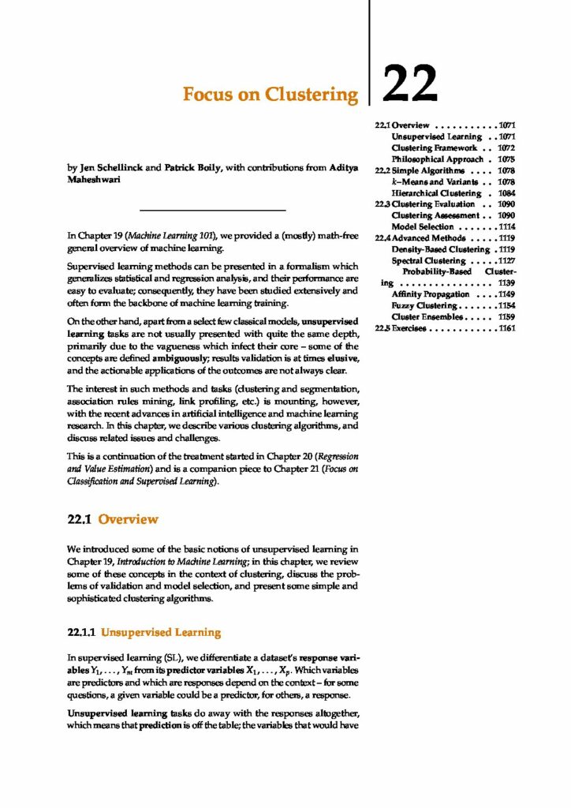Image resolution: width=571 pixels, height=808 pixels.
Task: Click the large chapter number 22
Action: click(409, 82)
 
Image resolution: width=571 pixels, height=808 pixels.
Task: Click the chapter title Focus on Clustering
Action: click(270, 95)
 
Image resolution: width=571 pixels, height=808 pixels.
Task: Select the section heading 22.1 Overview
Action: click(113, 519)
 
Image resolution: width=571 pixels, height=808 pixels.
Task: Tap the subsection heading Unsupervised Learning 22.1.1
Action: click(144, 632)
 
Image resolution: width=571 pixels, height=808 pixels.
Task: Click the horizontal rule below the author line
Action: click(211, 210)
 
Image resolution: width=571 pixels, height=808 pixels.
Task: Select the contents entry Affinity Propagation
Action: click(430, 294)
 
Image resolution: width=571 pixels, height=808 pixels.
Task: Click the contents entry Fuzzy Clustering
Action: click(424, 305)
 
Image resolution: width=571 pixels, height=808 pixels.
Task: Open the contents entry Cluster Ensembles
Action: click(427, 316)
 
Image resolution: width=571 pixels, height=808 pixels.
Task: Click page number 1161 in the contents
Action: click(506, 327)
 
